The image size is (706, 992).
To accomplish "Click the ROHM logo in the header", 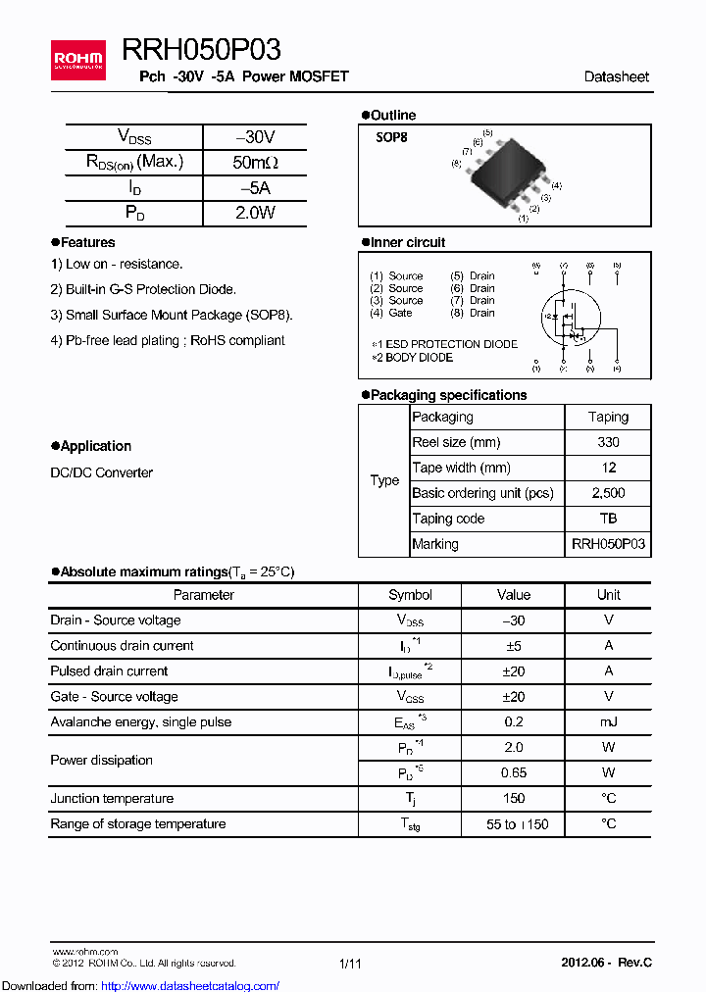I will (78, 61).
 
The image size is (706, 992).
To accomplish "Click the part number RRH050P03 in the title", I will (201, 50).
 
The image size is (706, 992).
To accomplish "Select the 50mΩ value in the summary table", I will (254, 163).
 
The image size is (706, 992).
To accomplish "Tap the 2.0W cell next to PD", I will (254, 213).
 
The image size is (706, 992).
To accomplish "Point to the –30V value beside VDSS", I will (254, 137).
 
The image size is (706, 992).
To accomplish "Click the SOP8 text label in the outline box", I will (391, 138).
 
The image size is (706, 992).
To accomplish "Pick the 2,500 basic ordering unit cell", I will (608, 493).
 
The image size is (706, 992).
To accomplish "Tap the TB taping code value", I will (608, 519).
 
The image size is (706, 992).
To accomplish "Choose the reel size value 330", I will (608, 442).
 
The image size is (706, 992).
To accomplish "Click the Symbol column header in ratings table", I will (410, 595).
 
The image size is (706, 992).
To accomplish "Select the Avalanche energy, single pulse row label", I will (141, 722).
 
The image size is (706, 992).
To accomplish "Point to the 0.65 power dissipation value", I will (513, 773).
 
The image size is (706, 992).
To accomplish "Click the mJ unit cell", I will (608, 722).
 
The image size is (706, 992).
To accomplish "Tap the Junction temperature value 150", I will (513, 799).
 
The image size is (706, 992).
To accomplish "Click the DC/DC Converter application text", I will (102, 472).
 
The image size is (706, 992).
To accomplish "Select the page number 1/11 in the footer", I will (350, 964).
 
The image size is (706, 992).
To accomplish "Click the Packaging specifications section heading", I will (448, 395).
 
